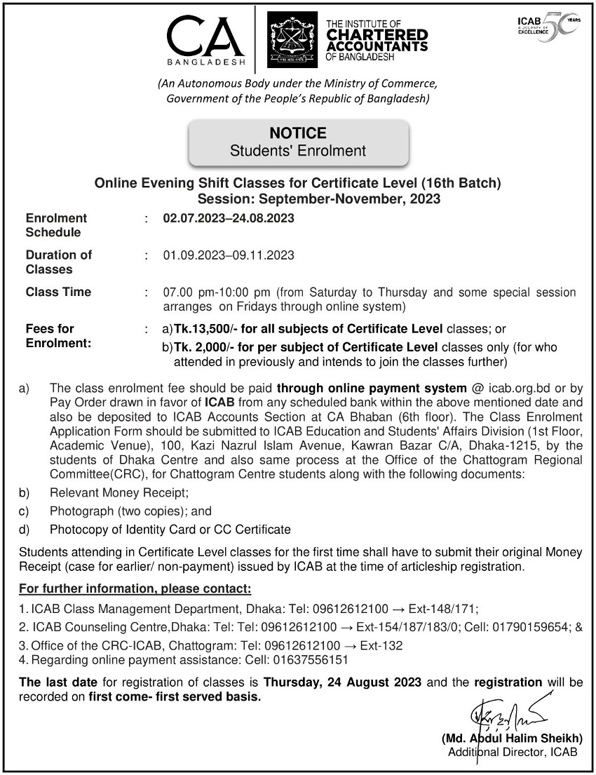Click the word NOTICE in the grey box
[298, 133]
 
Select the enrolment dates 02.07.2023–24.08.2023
[229, 218]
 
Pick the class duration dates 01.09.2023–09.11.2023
[229, 255]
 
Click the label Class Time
[58, 292]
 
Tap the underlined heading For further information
[135, 586]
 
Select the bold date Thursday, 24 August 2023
[342, 682]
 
